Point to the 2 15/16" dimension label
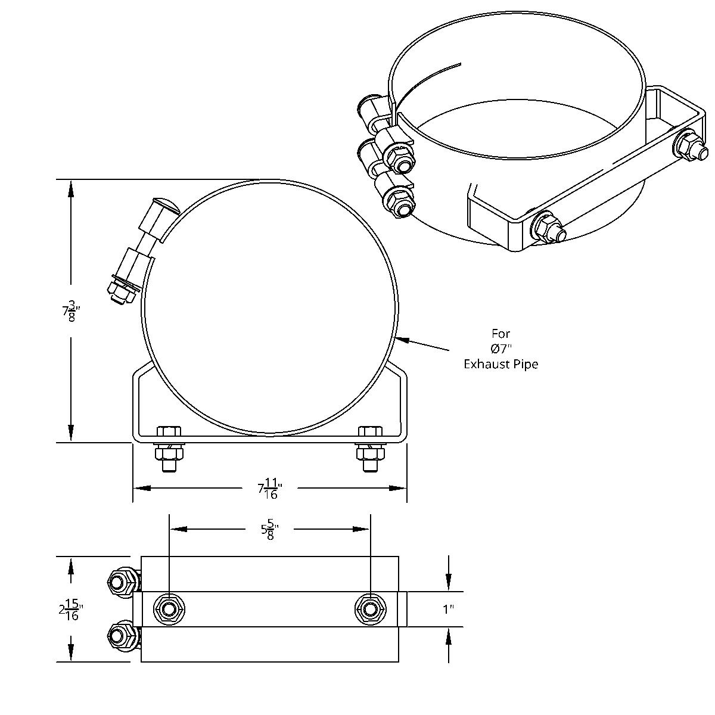pos(71,609)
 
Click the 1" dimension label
pos(448,609)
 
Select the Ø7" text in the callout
pos(500,349)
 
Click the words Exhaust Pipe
pos(500,364)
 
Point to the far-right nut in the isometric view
pos(691,146)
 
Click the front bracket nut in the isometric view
pos(547,227)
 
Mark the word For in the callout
pos(500,334)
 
